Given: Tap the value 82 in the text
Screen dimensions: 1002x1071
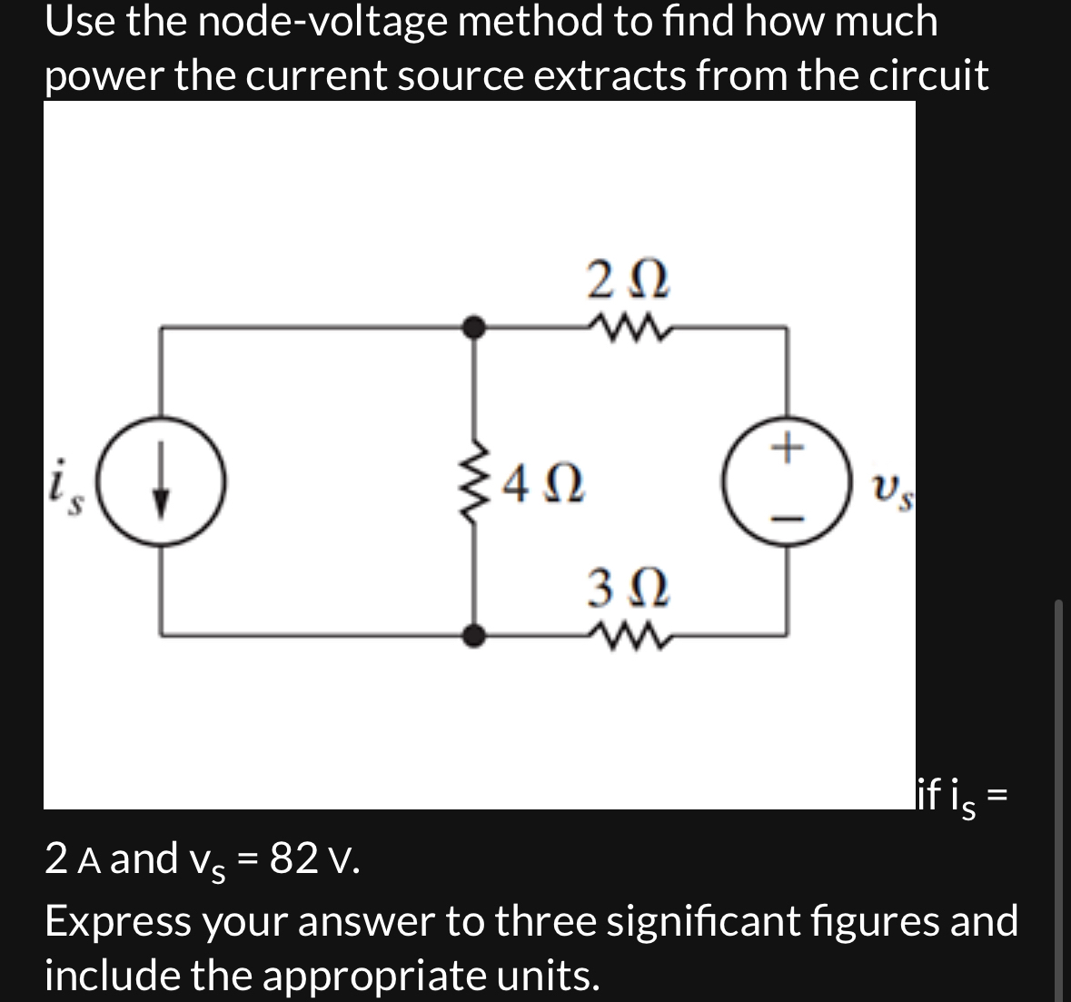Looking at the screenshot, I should pyautogui.click(x=293, y=857).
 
